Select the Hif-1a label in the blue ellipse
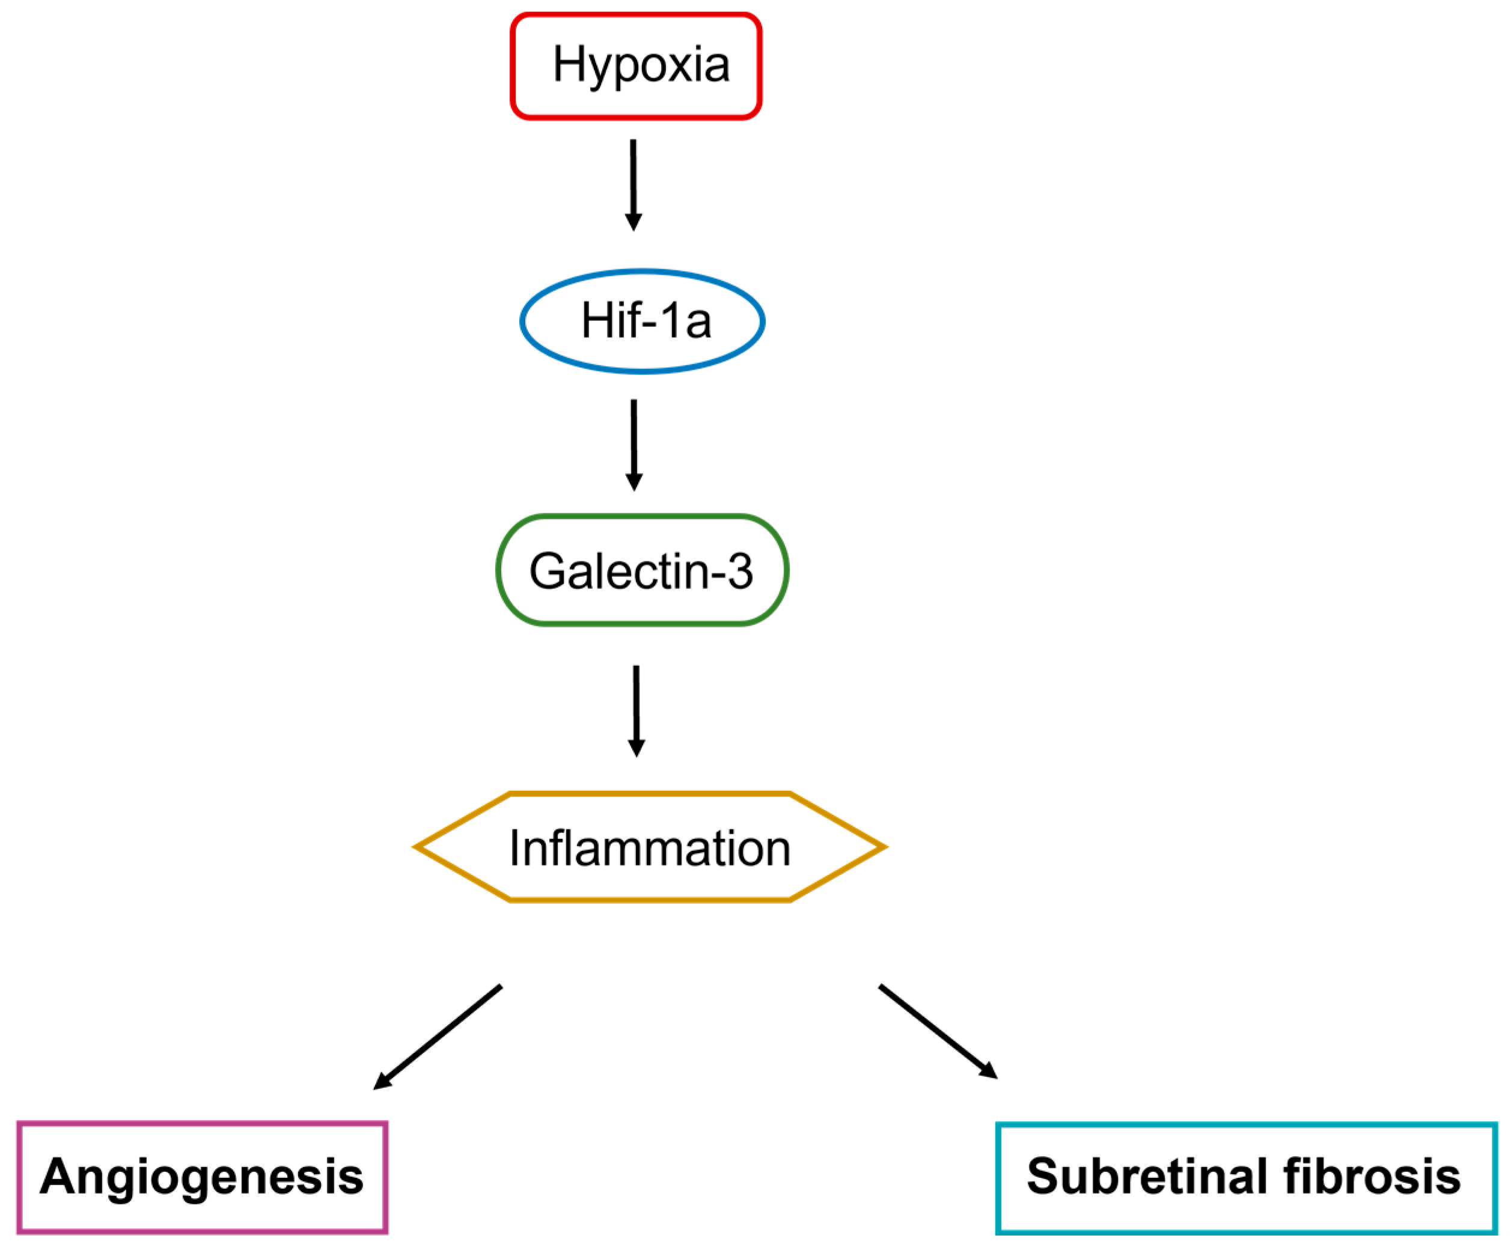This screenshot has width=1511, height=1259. tap(646, 321)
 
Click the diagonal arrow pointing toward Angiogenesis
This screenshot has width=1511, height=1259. tap(439, 1036)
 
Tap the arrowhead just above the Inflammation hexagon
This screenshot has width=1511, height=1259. tap(636, 748)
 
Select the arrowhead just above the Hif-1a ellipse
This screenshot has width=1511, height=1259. tap(633, 222)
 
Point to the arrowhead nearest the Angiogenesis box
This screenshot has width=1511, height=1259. tap(381, 1082)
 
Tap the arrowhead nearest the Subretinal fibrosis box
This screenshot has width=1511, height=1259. tap(989, 1072)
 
